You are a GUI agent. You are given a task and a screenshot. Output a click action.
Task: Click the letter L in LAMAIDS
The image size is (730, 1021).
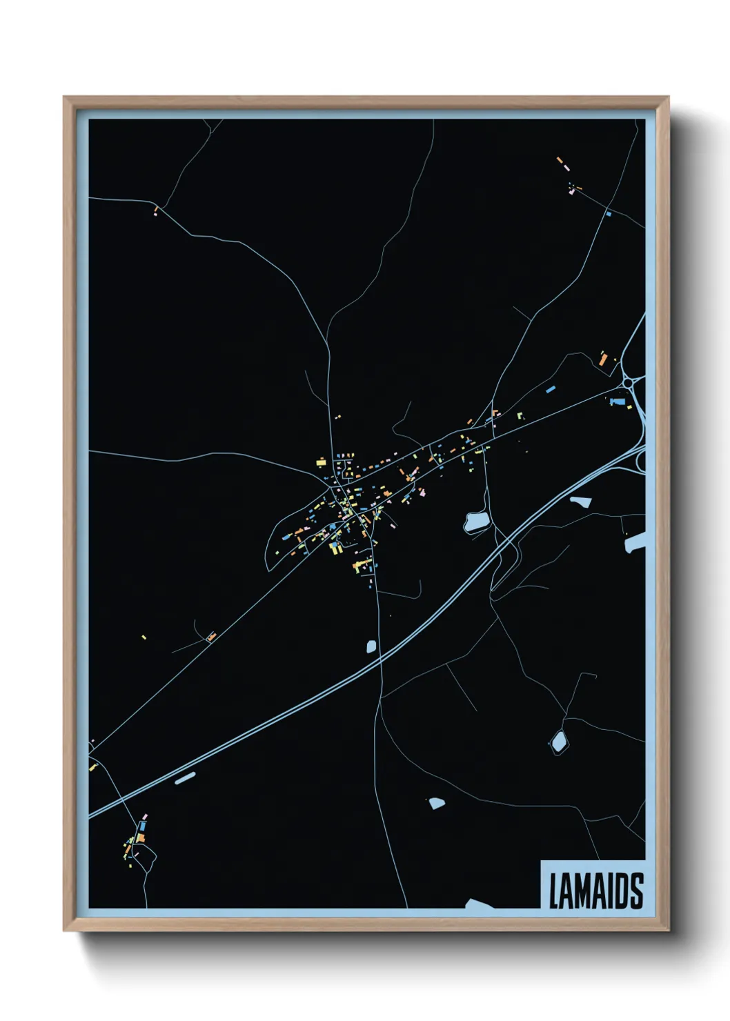coord(554,891)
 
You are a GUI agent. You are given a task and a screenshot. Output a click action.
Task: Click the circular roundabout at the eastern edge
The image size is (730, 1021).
coord(628,381)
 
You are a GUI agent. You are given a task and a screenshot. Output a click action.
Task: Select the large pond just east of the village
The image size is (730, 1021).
coord(476,522)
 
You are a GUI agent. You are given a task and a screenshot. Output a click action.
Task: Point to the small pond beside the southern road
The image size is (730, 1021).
coord(371,646)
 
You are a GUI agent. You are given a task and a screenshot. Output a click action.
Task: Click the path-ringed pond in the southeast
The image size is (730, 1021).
coord(558,742)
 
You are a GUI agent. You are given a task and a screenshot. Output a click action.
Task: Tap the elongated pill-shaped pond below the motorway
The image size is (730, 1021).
coord(185,778)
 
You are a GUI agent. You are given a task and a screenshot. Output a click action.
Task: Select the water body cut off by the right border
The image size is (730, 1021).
coord(635,542)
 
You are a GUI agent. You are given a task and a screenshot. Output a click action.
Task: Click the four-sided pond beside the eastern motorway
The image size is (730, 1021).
coord(580,502)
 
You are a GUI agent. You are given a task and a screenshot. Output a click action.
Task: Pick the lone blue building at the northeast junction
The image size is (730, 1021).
coord(608,214)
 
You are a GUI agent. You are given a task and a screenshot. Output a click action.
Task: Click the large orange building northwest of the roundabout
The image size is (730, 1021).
coord(602,359)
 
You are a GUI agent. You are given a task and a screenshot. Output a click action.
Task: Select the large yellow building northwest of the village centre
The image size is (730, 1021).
coord(321,462)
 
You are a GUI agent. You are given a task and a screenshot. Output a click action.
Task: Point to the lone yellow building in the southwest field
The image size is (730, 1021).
coord(144,637)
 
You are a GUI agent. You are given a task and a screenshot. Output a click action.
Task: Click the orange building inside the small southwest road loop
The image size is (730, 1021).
coord(211,637)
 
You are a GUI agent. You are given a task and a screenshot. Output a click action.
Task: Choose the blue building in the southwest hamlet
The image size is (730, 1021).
coord(143,825)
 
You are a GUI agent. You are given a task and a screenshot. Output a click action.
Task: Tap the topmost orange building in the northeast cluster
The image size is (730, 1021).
coord(560,161)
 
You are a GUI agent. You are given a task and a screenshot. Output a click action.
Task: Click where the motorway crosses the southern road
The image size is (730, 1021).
coord(380,661)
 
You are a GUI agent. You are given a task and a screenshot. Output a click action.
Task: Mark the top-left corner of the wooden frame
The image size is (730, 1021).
coord(64,97)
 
